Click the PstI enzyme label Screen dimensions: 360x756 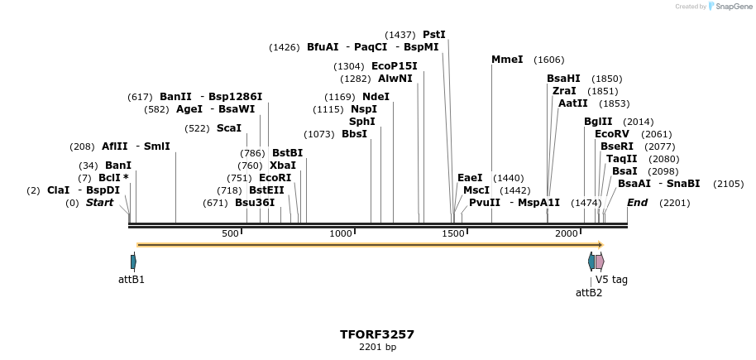(x=434, y=35)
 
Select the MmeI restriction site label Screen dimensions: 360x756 (x=507, y=60)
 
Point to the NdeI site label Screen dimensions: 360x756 (x=376, y=97)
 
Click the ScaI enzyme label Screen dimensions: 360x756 (x=229, y=128)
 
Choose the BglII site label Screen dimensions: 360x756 (x=598, y=122)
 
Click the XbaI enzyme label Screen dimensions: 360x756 (x=283, y=166)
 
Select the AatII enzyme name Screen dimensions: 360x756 (x=572, y=103)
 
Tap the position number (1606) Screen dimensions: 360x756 (x=549, y=60)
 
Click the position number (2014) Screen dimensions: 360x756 (x=639, y=122)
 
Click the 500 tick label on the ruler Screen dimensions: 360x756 (x=230, y=234)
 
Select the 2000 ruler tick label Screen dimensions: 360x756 (x=567, y=234)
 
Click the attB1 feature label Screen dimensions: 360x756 (x=132, y=280)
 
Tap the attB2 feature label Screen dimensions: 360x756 (x=589, y=292)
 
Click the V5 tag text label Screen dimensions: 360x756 (x=611, y=280)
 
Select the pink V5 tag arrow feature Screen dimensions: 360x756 (x=600, y=262)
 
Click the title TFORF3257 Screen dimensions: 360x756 (x=377, y=335)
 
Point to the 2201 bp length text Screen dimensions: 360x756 (x=377, y=348)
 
